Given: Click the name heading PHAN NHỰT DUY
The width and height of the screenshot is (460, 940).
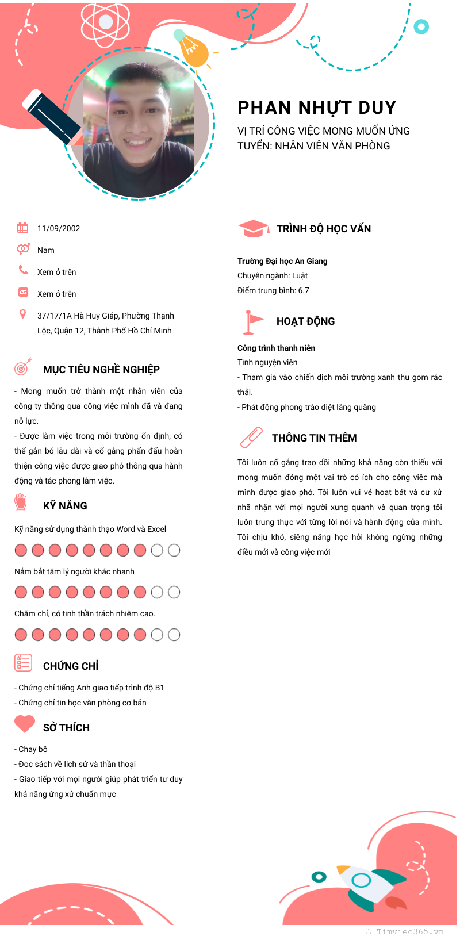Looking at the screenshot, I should point(317,108).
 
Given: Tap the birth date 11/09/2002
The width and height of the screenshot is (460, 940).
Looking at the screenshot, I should point(59,228).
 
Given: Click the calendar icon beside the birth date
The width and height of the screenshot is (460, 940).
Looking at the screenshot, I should point(22,228).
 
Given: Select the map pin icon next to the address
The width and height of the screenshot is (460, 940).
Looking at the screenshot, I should point(22,314).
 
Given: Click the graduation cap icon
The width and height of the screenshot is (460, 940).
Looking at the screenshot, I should point(253,228).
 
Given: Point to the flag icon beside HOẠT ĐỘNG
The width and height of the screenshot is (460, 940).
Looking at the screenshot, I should point(252,322).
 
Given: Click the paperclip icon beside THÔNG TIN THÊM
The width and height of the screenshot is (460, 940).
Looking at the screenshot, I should point(251,438).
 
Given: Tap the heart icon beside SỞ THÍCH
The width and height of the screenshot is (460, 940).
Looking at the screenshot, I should point(25,724).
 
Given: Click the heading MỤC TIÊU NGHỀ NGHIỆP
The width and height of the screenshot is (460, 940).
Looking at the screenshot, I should point(101,370).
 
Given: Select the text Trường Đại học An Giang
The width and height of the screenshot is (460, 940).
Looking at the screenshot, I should point(282,261).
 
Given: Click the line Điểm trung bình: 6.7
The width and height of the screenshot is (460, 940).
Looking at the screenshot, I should point(273,290).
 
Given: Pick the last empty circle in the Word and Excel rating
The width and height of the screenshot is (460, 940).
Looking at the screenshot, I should point(174,550).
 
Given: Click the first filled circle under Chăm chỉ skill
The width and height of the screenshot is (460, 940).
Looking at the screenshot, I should point(21,635).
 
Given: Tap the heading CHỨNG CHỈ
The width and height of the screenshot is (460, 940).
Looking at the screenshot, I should point(71,666).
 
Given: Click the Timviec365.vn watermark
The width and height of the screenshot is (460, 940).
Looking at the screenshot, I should point(410,931).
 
